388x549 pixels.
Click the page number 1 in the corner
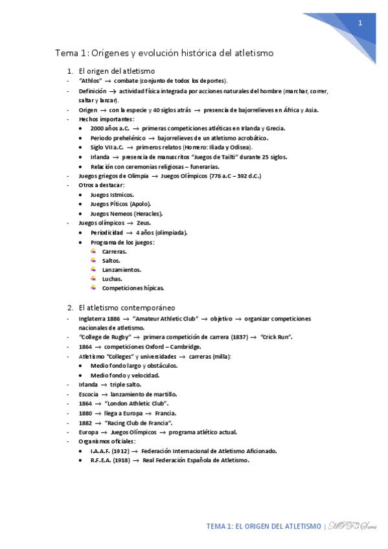coord(360,23)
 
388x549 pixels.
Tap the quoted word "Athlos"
coord(89,81)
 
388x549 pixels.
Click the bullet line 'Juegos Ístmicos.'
coord(113,195)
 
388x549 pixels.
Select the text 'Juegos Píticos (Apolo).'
coord(120,204)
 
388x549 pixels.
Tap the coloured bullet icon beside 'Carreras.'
coord(93,251)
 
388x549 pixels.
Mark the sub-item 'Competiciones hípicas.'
coord(133,288)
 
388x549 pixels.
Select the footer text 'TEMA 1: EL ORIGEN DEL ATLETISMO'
coord(264,526)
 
